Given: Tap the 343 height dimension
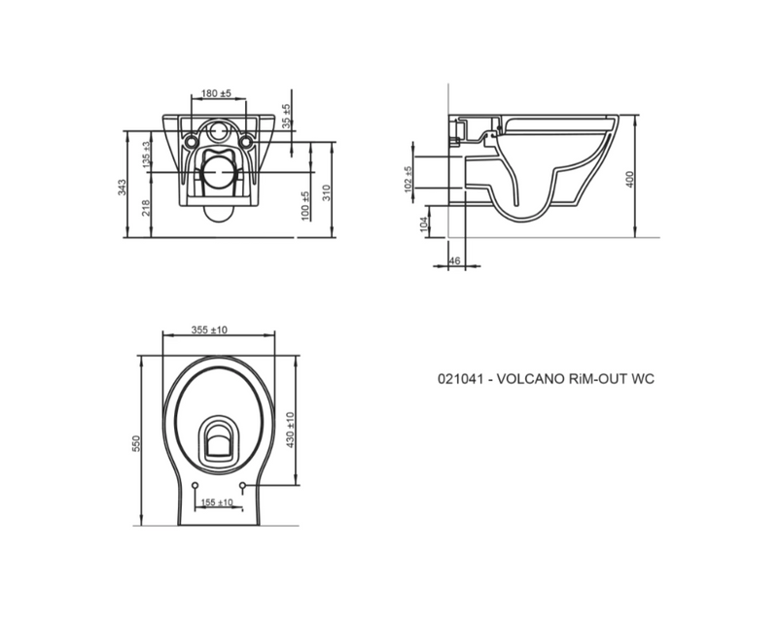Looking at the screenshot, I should coord(123,187).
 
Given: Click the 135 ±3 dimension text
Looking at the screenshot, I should coord(146,156).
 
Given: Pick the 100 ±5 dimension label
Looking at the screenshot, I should coord(304,205).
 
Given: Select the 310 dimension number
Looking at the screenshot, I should coord(327,191).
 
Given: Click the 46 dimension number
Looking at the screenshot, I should coord(454,261).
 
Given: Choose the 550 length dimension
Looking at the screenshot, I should coord(137,443).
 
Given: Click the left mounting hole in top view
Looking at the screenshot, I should coord(195,485).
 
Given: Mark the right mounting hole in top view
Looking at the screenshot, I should coord(241,485).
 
